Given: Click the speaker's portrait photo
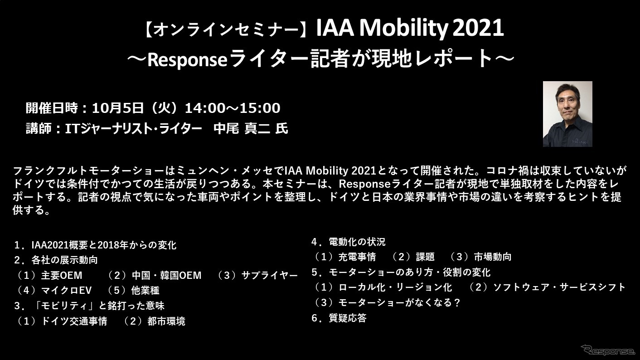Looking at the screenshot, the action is click(x=567, y=114).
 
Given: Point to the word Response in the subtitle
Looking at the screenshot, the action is click(x=187, y=60).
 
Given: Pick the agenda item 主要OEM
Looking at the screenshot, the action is click(x=62, y=275).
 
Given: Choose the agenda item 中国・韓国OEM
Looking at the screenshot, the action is click(x=166, y=275).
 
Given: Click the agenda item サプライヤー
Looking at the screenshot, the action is click(x=270, y=275).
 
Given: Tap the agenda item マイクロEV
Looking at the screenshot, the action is click(x=66, y=290).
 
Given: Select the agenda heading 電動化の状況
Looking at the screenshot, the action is click(x=357, y=242).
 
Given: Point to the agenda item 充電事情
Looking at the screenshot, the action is click(x=357, y=257).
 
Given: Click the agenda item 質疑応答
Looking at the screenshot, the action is click(x=348, y=318).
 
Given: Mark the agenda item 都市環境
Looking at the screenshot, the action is click(x=166, y=321).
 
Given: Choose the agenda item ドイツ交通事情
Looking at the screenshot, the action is click(x=74, y=321).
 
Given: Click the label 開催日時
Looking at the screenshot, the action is click(x=52, y=108).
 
